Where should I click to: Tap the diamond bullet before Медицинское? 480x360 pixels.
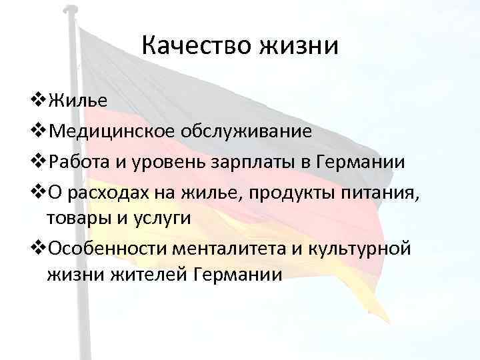point(38,130)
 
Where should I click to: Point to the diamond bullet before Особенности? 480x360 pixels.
point(38,248)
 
